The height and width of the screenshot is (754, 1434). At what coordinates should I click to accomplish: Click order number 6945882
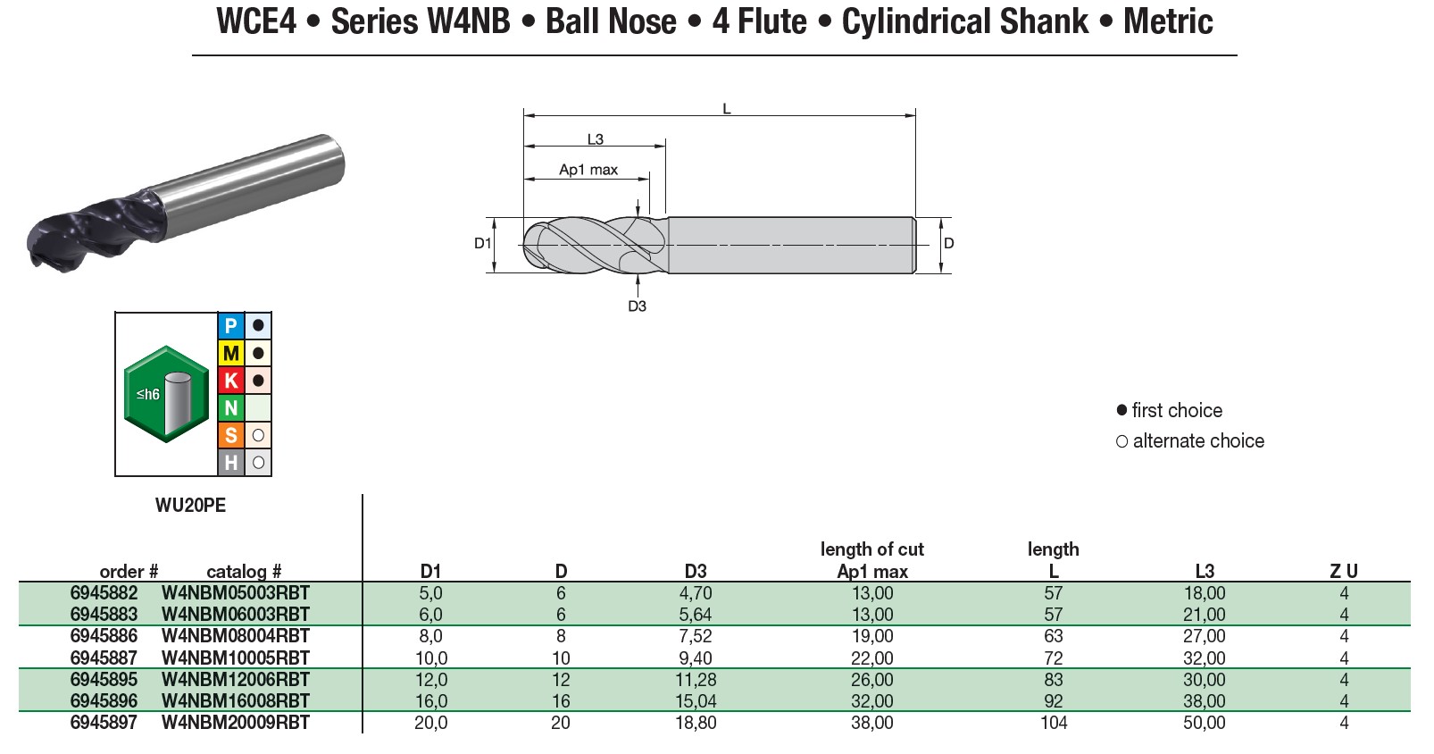104,593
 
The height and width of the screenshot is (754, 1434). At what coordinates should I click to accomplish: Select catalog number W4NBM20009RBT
235,723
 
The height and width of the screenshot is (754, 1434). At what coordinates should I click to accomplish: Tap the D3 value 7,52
695,636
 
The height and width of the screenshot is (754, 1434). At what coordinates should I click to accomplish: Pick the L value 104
1053,723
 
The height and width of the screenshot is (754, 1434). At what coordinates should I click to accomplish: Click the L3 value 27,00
1204,636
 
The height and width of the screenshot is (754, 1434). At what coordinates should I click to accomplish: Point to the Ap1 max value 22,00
871,658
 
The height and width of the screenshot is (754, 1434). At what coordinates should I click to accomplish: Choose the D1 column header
430,572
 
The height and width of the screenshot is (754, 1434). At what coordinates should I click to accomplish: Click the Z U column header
1343,572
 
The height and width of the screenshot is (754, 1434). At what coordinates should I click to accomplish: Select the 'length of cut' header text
871,549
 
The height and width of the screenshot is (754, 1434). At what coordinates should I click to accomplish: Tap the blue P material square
231,326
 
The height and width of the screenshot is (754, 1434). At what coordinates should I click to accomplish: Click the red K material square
231,381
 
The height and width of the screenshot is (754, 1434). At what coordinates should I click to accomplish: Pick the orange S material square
231,435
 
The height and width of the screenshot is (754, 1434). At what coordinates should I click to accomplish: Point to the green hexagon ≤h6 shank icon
166,394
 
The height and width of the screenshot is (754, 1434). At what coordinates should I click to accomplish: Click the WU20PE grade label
190,506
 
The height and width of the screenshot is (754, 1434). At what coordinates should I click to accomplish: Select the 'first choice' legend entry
1176,411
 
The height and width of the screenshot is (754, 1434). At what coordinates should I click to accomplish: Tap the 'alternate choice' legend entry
1197,441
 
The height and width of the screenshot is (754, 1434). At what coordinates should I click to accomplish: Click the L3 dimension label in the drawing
595,139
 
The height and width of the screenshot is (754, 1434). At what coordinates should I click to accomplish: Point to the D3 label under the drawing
637,306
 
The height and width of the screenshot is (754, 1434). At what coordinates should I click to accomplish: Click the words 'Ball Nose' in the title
611,21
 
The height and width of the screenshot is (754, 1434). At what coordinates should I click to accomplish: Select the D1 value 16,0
430,701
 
